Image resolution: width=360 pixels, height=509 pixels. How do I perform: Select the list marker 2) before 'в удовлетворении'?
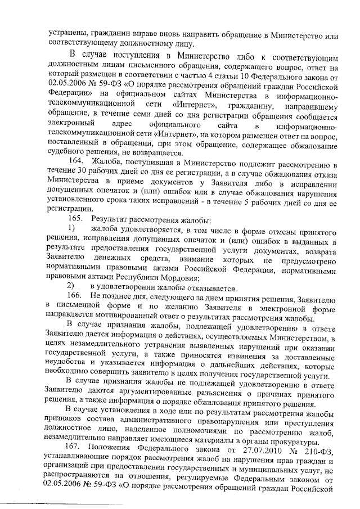tap(71, 286)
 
